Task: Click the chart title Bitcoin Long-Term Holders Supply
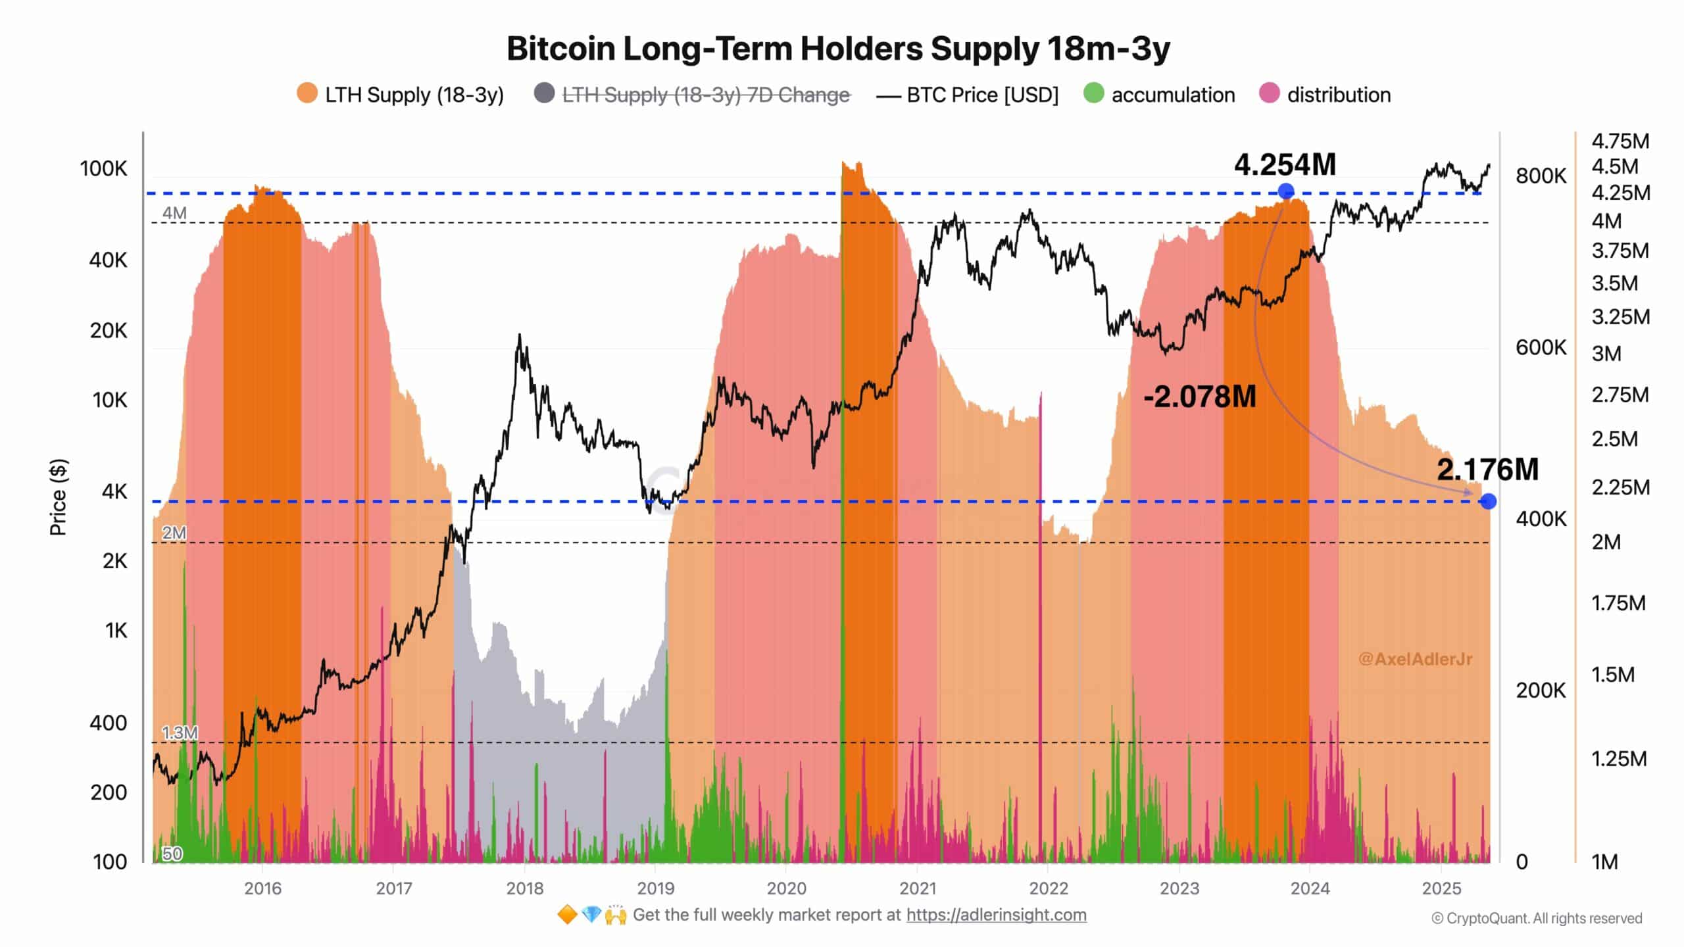[838, 49]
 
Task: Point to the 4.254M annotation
[1284, 164]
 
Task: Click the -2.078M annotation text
[1200, 397]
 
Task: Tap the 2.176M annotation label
[1487, 469]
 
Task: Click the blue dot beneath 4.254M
[1286, 191]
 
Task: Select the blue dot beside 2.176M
[1488, 502]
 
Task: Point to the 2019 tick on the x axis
[655, 888]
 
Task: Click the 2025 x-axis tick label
[1441, 888]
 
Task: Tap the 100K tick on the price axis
[103, 169]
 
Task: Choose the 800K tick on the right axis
[1541, 176]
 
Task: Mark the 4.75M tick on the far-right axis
[1620, 141]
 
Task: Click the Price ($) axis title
[58, 497]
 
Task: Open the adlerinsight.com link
[996, 915]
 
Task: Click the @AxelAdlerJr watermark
[1415, 659]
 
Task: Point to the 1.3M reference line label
[179, 733]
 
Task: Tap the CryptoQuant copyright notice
[1537, 918]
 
